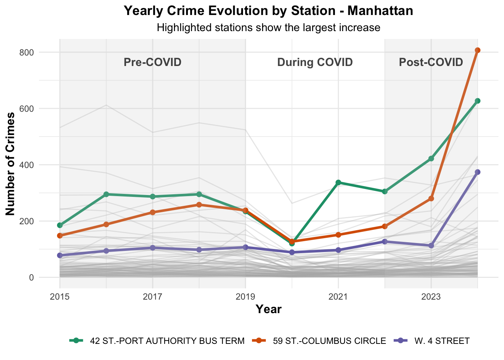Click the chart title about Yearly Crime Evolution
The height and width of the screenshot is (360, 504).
click(x=268, y=10)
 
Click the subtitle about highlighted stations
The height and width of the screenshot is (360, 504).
click(x=268, y=28)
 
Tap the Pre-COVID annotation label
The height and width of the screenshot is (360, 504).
click(x=153, y=62)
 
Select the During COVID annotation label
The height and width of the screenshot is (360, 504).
click(x=315, y=62)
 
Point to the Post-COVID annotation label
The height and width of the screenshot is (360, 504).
click(x=431, y=62)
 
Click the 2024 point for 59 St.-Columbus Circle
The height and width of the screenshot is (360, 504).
click(x=477, y=50)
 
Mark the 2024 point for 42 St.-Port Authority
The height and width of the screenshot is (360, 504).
click(x=477, y=101)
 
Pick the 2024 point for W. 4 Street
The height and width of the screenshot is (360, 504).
click(x=477, y=172)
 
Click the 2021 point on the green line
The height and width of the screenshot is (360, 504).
click(x=338, y=182)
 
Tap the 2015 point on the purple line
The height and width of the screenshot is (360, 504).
click(x=60, y=255)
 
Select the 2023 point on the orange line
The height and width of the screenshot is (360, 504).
click(x=431, y=198)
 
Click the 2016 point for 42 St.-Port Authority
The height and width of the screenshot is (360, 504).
click(x=106, y=194)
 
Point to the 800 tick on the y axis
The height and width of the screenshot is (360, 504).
click(x=27, y=52)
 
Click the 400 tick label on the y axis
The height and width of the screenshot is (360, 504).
click(x=27, y=165)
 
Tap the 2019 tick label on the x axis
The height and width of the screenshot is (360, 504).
click(x=245, y=297)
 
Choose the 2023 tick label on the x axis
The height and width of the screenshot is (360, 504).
click(x=431, y=297)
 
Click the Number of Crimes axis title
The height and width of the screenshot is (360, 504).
click(x=10, y=164)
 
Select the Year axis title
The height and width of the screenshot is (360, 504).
click(x=268, y=309)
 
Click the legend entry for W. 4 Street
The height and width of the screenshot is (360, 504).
click(x=442, y=341)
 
